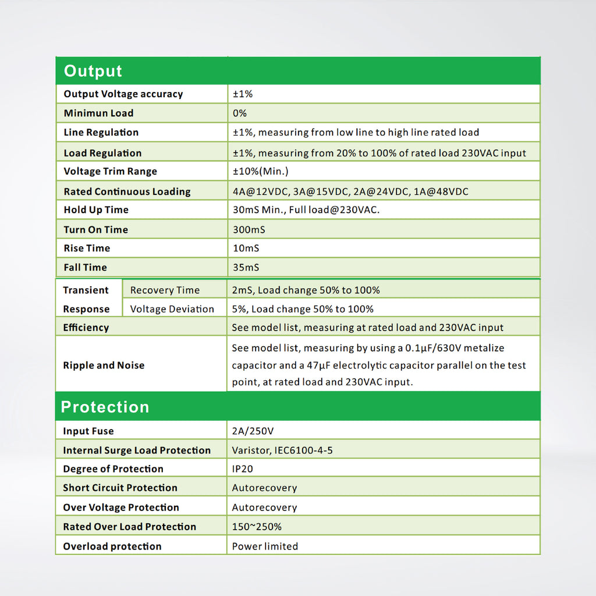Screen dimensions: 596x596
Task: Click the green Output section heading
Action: pyautogui.click(x=93, y=71)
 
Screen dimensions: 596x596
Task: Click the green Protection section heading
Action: pyautogui.click(x=105, y=407)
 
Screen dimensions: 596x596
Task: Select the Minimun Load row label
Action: pyautogui.click(x=98, y=113)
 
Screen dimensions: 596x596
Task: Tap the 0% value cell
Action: pyautogui.click(x=240, y=113)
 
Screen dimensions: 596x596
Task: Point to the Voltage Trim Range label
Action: pyautogui.click(x=110, y=171)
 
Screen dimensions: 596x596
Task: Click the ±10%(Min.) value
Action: pyautogui.click(x=261, y=171)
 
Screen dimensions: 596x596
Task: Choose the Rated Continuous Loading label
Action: pyautogui.click(x=127, y=191)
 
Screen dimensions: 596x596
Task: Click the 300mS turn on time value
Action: pyautogui.click(x=249, y=229)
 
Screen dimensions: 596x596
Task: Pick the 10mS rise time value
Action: pyautogui.click(x=246, y=248)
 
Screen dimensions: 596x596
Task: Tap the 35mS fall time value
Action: pyautogui.click(x=246, y=267)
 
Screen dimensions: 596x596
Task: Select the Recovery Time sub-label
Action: pyautogui.click(x=165, y=290)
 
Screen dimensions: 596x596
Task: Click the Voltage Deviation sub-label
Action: pyautogui.click(x=172, y=309)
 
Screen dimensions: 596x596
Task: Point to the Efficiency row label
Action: pyautogui.click(x=86, y=328)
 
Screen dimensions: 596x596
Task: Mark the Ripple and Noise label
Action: pyautogui.click(x=104, y=366)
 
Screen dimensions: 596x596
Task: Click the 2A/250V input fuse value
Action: pyautogui.click(x=253, y=431)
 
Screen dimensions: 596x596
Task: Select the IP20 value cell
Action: pyautogui.click(x=243, y=469)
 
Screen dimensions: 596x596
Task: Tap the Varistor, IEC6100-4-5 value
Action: pyautogui.click(x=282, y=450)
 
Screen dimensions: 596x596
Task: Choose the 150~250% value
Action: pyautogui.click(x=257, y=527)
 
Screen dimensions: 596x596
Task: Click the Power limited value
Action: pyautogui.click(x=265, y=546)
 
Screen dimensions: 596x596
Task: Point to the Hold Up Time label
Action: pyautogui.click(x=96, y=210)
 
